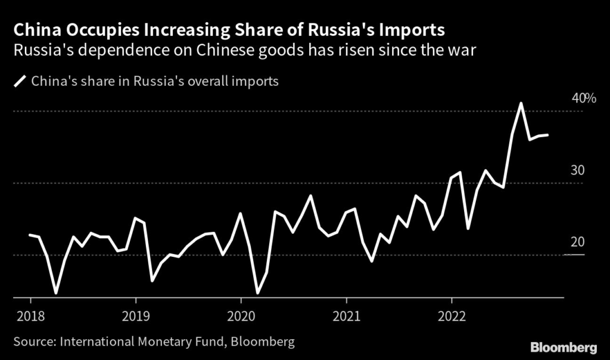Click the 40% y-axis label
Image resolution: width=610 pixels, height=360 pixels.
point(584,98)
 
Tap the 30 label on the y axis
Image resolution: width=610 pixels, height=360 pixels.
point(578,170)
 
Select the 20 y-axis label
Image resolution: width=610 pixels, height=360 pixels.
point(578,243)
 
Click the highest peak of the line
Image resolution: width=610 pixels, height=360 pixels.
point(521,103)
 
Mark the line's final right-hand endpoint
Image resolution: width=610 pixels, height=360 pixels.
point(547,135)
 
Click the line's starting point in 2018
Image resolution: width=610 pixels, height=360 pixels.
point(30,235)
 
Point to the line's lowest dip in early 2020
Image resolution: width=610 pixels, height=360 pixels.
point(257,293)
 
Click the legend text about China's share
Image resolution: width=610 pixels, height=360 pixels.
point(155,82)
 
